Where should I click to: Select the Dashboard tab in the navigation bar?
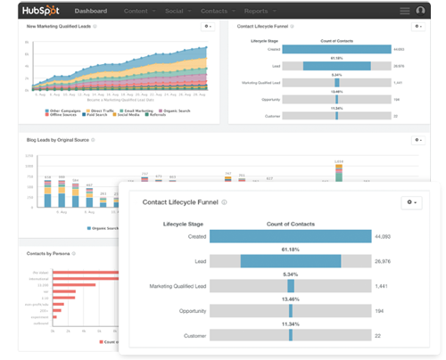tap(91, 12)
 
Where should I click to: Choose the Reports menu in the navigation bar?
tap(257, 12)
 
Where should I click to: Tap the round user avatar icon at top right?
tap(420, 12)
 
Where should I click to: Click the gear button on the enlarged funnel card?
tap(411, 203)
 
